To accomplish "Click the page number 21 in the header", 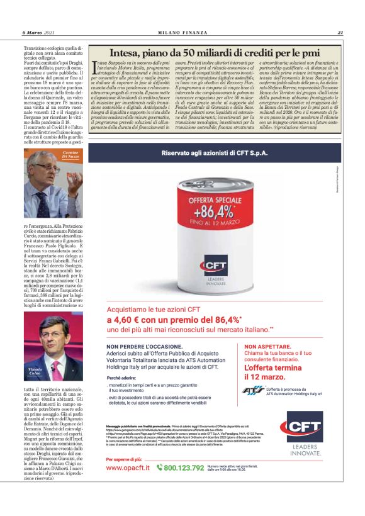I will point(340,33).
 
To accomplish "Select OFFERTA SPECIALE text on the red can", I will point(209,191).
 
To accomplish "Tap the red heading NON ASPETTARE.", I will point(267,347).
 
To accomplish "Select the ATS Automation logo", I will point(253,390).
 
